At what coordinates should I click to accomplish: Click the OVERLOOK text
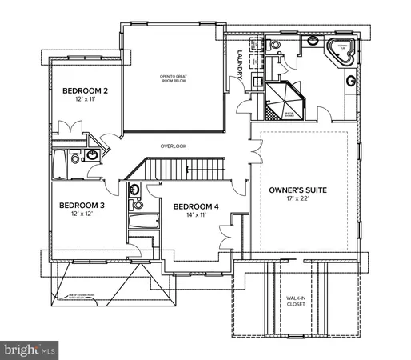pyautogui.click(x=173, y=146)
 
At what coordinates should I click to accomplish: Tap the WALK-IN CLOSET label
pyautogui.click(x=296, y=301)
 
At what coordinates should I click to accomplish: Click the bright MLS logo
pyautogui.click(x=30, y=350)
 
